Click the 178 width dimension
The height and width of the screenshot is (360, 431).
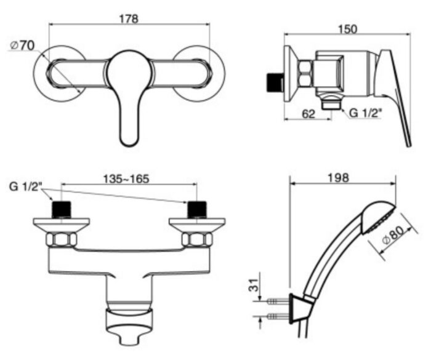coord(129,18)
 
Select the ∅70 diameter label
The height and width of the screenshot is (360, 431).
coord(23,45)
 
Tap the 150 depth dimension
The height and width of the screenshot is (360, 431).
coord(348,28)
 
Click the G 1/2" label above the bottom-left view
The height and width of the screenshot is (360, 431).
coord(26,186)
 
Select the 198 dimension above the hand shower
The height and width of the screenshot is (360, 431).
coord(339,177)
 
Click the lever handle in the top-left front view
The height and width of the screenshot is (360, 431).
coord(129,98)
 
